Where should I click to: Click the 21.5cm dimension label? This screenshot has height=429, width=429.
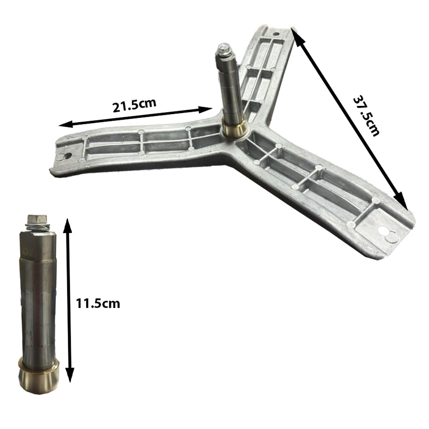(134, 105)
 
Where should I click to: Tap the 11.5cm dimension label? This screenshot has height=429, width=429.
(98, 303)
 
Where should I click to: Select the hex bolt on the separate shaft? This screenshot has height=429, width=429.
(37, 219)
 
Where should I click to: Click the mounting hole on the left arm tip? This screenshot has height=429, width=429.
(65, 156)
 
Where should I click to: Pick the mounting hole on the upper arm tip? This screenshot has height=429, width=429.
(276, 34)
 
